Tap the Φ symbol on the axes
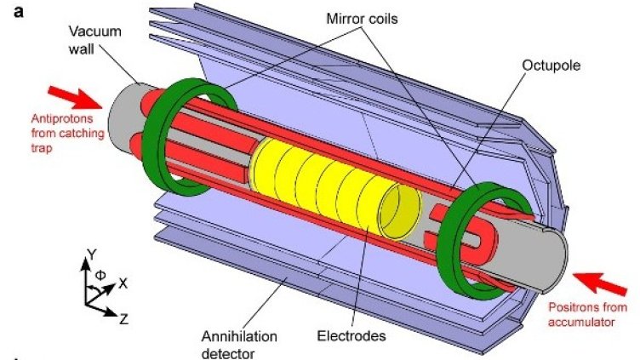coord(99,275)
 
